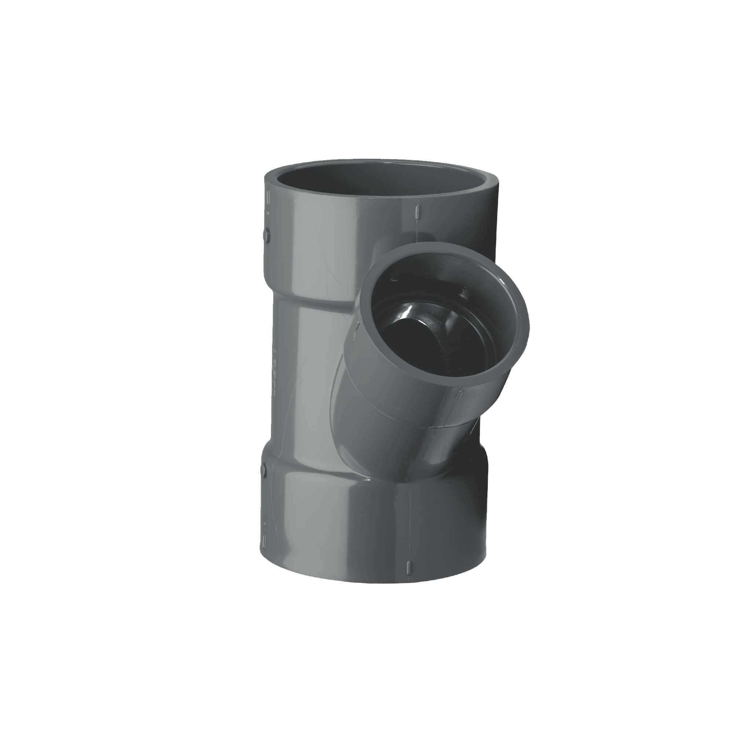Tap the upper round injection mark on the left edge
tap(267, 234)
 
